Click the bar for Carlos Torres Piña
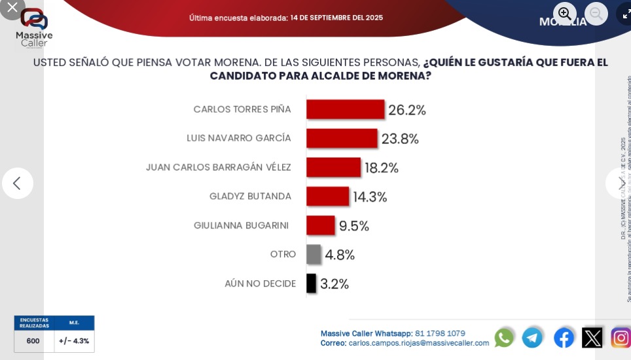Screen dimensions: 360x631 point(345,109)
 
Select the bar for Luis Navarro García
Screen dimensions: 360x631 point(342,138)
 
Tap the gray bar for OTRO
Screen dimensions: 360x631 point(314,254)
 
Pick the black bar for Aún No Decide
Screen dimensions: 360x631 point(311,283)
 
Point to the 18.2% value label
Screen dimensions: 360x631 point(382,168)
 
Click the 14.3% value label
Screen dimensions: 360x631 point(370,197)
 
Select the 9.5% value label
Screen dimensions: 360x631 point(354,226)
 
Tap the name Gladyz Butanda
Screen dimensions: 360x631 point(250,196)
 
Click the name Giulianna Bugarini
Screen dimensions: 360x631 point(241,226)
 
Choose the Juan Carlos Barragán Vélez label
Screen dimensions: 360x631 point(219,168)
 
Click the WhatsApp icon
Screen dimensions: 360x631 point(504,338)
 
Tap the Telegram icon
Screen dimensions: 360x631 point(532,338)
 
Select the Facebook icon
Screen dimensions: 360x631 point(564,338)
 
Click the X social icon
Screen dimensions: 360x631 point(592,338)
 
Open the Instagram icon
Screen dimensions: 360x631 point(620,338)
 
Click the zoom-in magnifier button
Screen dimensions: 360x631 point(565,14)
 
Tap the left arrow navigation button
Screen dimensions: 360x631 point(18,183)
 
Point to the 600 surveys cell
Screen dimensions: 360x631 point(33,341)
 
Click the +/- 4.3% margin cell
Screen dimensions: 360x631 point(74,341)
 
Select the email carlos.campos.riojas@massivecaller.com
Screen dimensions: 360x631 point(418,343)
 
